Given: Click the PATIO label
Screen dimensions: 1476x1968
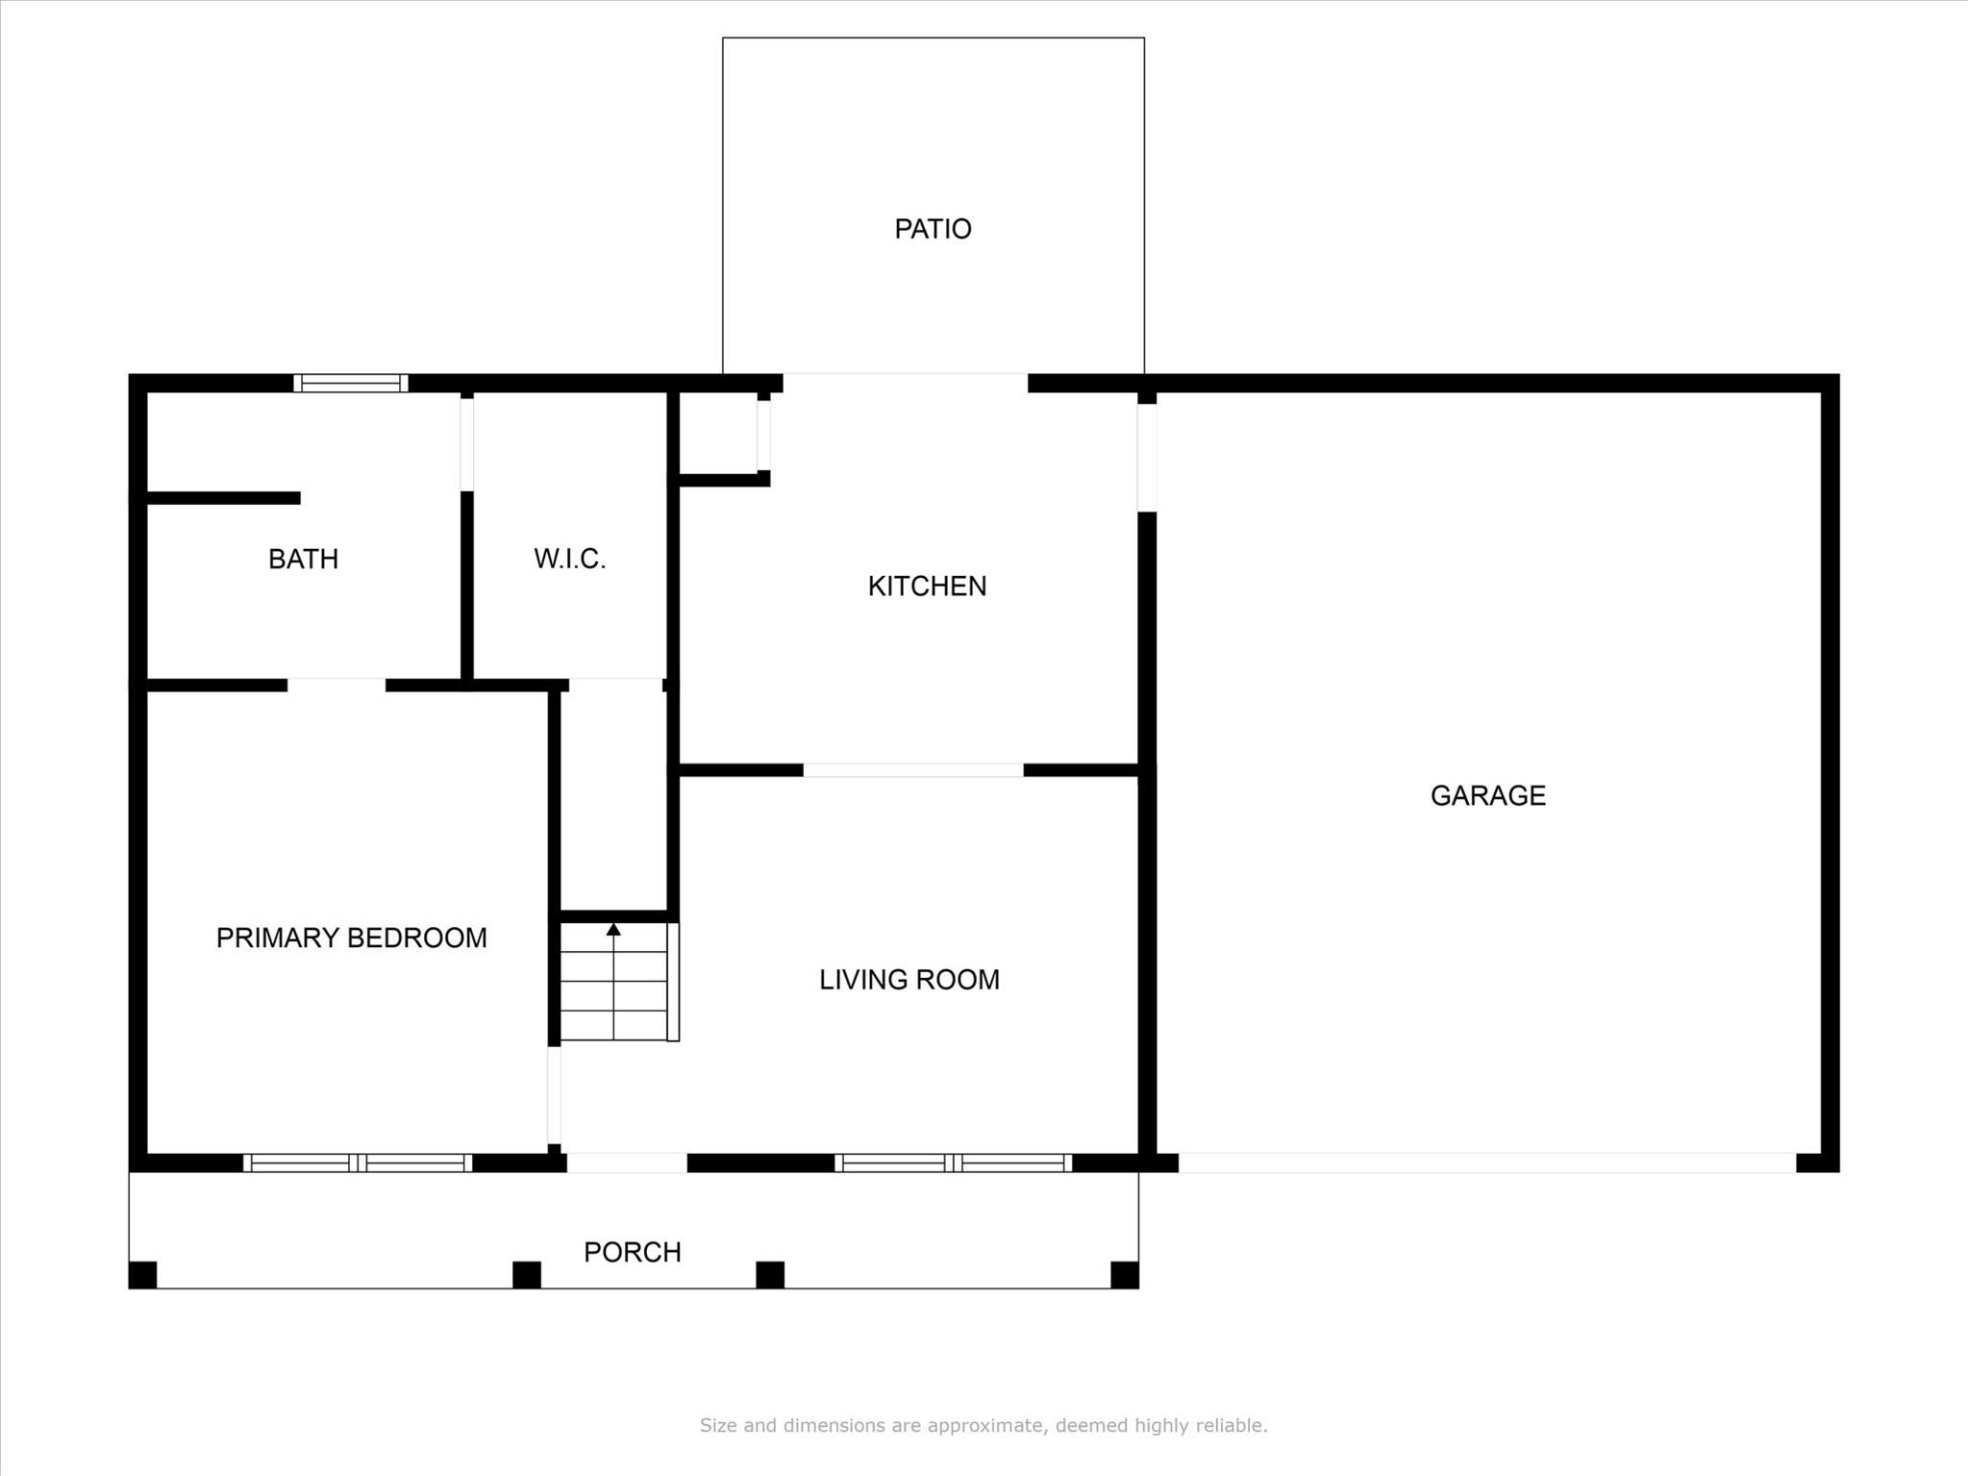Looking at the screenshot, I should click(933, 229).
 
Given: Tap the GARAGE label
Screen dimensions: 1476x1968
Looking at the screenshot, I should click(1487, 795).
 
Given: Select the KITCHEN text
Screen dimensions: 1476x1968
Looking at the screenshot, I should click(927, 586).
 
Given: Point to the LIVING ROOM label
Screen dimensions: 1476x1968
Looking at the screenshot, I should click(909, 979).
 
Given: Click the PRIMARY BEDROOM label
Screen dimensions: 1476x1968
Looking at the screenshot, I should click(351, 938).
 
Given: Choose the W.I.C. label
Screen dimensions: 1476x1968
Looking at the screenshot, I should click(569, 559).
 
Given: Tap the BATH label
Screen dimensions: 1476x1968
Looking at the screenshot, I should click(303, 559).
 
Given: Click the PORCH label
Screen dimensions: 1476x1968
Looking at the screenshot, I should click(632, 1252).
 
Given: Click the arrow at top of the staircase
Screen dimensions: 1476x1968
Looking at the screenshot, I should click(613, 929).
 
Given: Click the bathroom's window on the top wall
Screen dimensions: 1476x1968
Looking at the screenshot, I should click(351, 383).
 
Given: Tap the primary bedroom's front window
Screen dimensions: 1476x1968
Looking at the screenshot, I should click(358, 1163).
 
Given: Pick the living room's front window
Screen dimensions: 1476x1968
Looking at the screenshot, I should click(953, 1163).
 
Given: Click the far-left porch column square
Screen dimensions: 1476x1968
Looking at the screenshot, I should click(142, 1275).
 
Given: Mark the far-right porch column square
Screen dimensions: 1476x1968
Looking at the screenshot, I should click(1124, 1275).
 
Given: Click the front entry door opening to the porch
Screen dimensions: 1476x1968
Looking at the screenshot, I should click(627, 1163).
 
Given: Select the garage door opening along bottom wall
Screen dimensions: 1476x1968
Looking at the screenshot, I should click(1486, 1163).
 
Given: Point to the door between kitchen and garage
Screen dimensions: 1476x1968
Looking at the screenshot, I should click(1146, 458).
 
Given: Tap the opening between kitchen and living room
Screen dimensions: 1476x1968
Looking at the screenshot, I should click(912, 770).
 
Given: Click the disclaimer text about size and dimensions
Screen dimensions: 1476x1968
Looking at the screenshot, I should click(983, 1425).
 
